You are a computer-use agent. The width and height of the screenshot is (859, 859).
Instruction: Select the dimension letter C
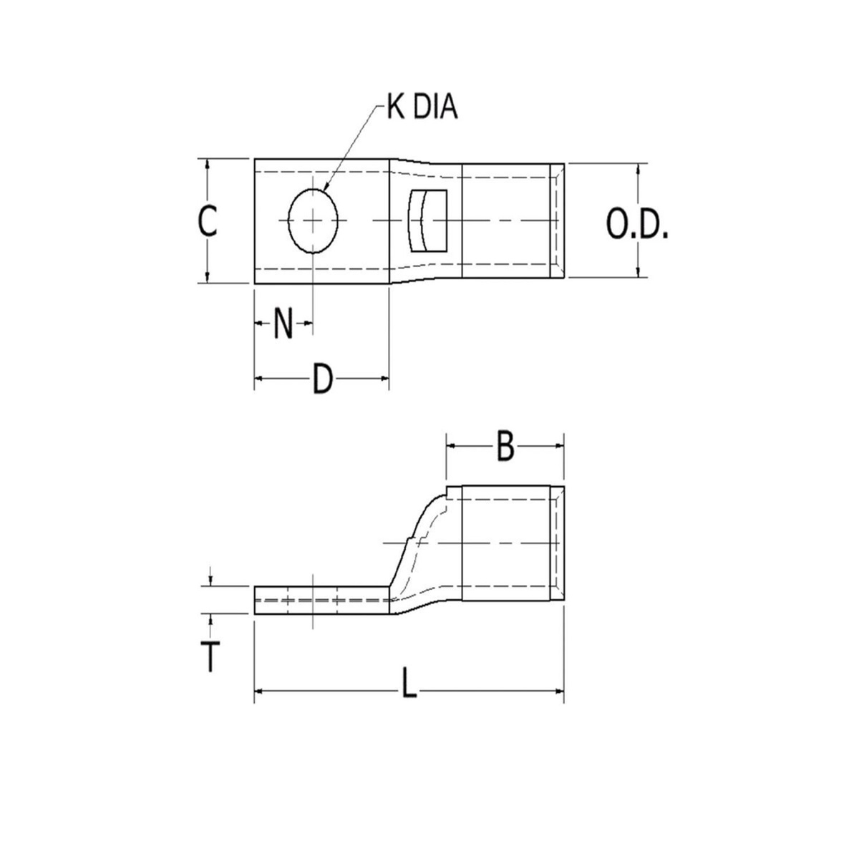point(208,221)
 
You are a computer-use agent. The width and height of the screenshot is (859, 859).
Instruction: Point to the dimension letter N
point(284,325)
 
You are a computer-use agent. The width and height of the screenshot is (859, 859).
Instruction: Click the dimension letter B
point(505,447)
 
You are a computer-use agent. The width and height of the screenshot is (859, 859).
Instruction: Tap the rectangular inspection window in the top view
point(427,220)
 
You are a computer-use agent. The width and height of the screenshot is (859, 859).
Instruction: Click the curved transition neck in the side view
point(419,551)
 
